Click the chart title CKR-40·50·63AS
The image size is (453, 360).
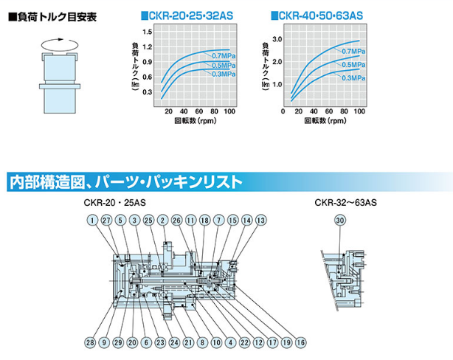(319, 14)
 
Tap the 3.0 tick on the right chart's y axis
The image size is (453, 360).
(278, 38)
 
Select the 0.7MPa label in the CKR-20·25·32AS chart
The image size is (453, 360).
(223, 56)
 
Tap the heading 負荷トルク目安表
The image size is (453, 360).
(49, 15)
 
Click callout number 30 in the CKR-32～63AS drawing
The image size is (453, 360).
(339, 221)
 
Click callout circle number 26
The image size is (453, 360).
(176, 221)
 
